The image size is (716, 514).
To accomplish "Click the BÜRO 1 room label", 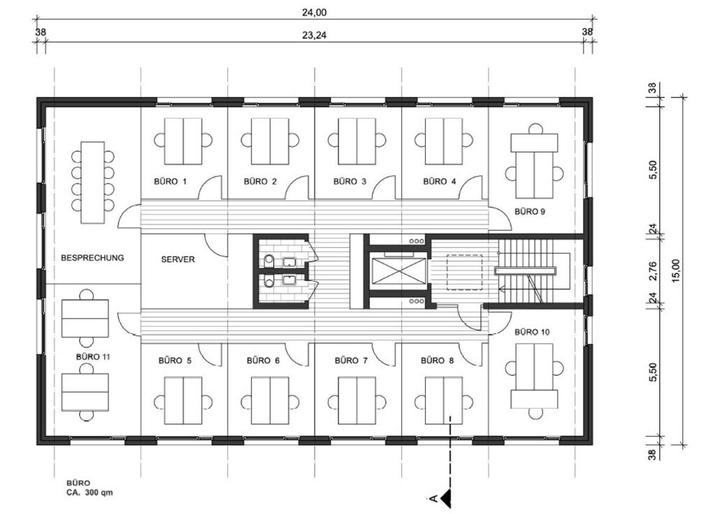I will (170, 182).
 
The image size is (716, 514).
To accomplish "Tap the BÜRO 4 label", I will (439, 182).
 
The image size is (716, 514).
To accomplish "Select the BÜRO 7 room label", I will (351, 361).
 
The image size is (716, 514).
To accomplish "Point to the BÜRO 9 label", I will (529, 211).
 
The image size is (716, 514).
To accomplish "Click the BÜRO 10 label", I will (531, 332).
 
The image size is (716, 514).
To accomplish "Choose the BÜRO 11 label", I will (93, 356).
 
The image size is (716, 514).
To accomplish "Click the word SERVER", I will (178, 259).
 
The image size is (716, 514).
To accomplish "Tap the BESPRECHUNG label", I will (92, 258).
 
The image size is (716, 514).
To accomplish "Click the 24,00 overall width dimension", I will (315, 12).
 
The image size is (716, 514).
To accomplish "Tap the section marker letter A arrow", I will (443, 497).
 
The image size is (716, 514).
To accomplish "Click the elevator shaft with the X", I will (397, 270).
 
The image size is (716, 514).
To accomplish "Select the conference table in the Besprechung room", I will (92, 182).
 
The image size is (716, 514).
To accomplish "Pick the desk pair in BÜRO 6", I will (270, 401).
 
